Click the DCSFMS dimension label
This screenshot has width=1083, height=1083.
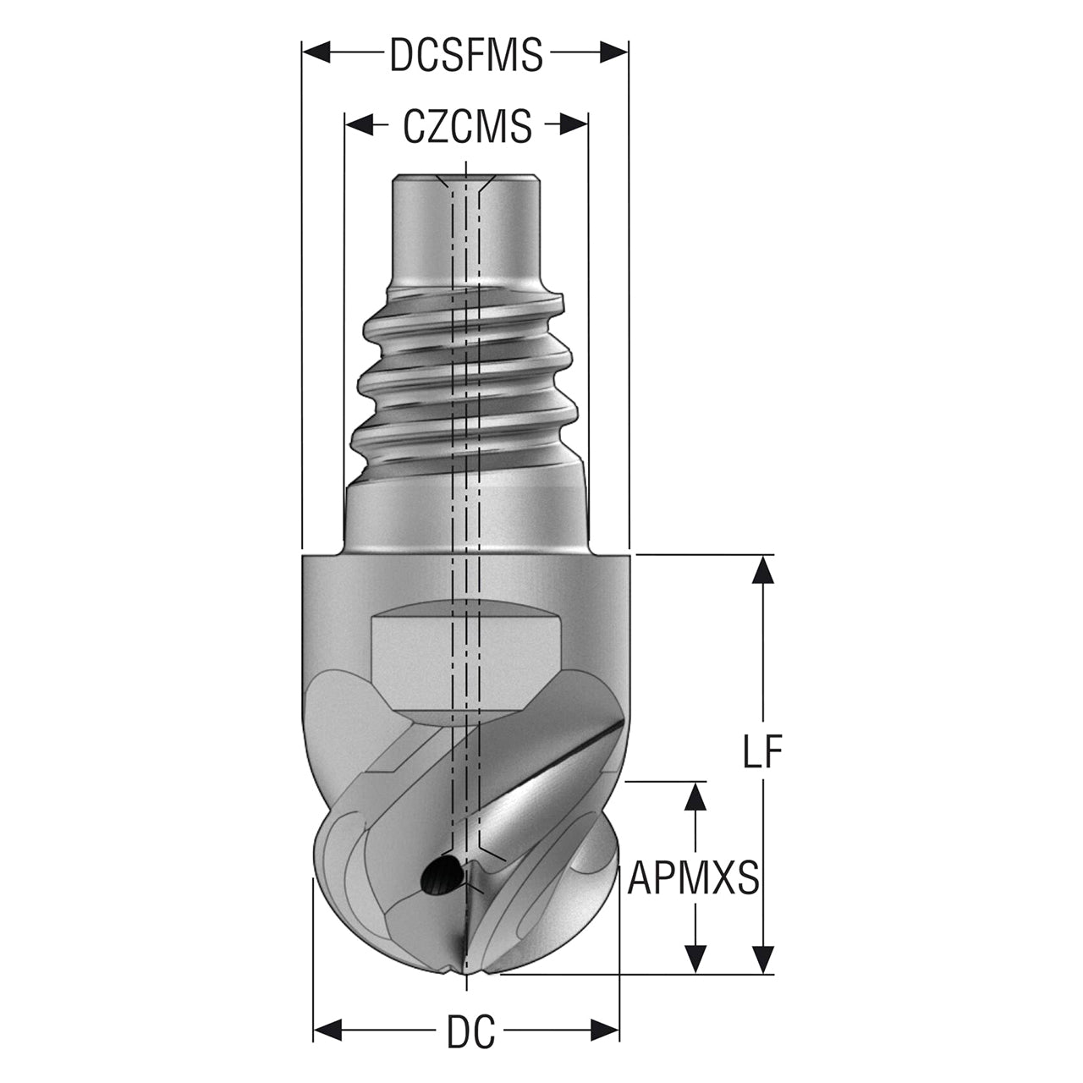tap(466, 54)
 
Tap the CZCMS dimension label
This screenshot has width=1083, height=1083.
tap(467, 126)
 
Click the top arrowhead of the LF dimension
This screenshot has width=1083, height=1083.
tap(762, 569)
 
